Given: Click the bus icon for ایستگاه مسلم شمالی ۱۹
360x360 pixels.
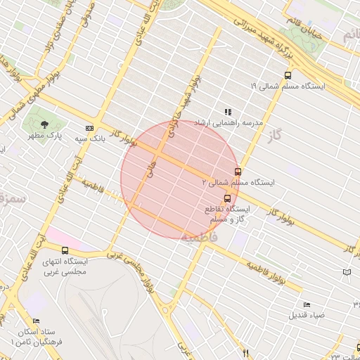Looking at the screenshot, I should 288,75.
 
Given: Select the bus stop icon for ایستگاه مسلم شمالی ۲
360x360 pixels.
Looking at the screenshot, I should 238,171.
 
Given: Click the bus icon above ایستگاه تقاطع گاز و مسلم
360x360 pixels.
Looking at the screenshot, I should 227,198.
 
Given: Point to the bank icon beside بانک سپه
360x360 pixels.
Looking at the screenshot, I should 89,128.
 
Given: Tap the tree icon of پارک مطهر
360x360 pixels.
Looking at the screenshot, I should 45,124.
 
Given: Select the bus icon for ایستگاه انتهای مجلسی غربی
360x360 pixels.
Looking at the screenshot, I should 65,250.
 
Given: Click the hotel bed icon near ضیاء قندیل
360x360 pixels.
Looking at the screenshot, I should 306,304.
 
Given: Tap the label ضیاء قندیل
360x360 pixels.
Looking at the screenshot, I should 307,314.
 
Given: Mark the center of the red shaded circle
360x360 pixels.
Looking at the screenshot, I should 180,179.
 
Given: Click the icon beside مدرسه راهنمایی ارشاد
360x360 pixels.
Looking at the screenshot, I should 227,112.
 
